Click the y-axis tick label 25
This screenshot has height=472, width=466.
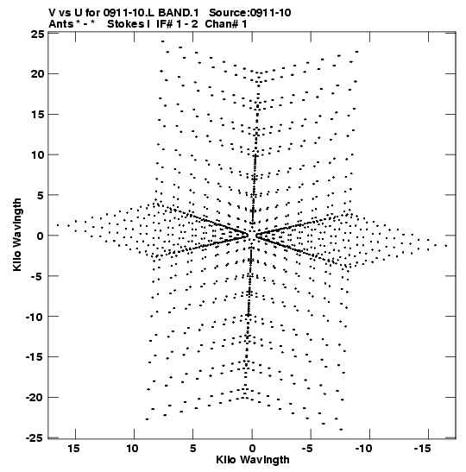click(x=38, y=34)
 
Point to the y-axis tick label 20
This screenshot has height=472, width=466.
click(x=38, y=73)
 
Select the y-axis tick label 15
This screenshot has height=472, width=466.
click(x=38, y=115)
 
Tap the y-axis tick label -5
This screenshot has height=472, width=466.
click(x=36, y=276)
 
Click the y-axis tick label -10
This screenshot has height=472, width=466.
click(x=35, y=317)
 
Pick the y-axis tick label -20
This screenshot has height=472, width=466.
click(x=35, y=397)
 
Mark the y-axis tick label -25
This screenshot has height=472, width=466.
click(x=35, y=438)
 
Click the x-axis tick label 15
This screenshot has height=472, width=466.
click(x=73, y=449)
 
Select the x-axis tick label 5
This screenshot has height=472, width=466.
click(x=192, y=449)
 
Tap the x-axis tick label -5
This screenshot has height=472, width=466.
click(x=307, y=449)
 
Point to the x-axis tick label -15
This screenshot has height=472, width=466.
click(x=422, y=449)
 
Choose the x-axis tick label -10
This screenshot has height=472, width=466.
click(x=363, y=449)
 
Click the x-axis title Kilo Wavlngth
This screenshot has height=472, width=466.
click(x=253, y=460)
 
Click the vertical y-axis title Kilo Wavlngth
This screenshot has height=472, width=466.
click(x=17, y=235)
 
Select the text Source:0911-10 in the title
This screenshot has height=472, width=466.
click(x=250, y=13)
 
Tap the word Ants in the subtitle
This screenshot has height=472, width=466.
click(x=60, y=24)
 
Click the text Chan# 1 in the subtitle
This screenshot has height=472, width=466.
click(x=226, y=24)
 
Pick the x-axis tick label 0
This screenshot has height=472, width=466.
click(x=252, y=449)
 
